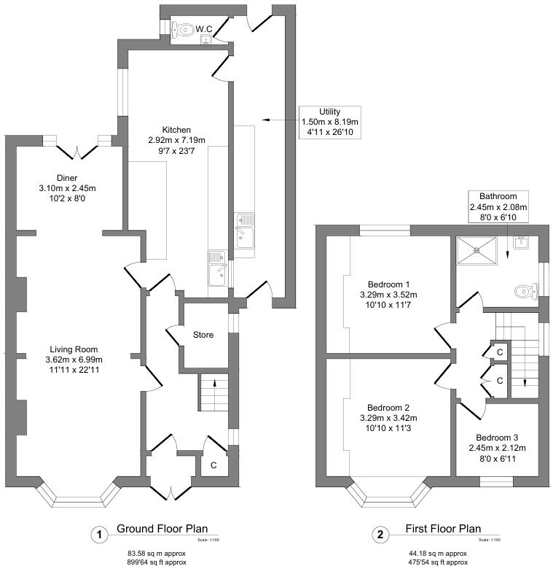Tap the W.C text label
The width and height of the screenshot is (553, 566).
tap(204, 29)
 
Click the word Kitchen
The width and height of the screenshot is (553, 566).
tap(176, 129)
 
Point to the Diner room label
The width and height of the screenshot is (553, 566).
tap(67, 178)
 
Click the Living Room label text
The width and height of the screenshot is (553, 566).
tap(69, 349)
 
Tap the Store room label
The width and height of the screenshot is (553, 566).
tap(203, 336)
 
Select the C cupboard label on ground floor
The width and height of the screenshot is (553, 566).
tap(213, 465)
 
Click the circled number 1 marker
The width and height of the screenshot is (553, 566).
tap(97, 535)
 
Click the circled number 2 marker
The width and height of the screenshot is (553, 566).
tap(380, 535)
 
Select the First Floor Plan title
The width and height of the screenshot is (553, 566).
tap(442, 530)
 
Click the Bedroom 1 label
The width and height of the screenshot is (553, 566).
tap(388, 284)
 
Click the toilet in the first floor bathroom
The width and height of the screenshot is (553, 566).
tap(523, 292)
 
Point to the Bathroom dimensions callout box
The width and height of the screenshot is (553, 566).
tap(498, 206)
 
